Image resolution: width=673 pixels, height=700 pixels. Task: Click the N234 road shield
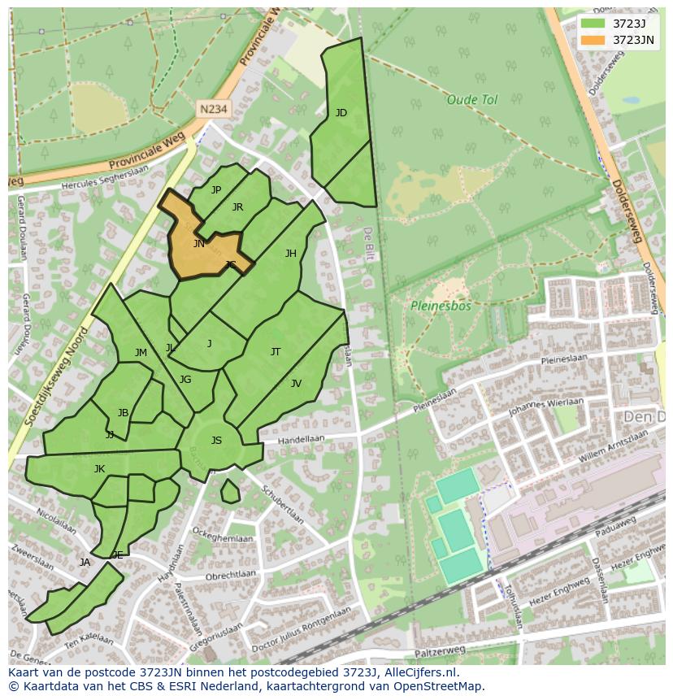pos(212,107)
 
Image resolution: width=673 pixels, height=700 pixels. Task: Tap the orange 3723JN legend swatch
pos(593,40)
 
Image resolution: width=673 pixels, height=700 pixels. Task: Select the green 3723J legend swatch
pos(593,23)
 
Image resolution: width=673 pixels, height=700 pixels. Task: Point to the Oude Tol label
pos(471,100)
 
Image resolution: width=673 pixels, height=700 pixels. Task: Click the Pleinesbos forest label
pos(440,307)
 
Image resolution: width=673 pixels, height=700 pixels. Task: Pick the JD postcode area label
pos(341,113)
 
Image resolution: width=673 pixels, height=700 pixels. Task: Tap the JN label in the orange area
pos(199,243)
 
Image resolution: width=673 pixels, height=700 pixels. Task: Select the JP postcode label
pos(216,190)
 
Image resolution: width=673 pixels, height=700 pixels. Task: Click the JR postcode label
pos(237,207)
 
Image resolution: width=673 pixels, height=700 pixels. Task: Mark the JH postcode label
pos(290,254)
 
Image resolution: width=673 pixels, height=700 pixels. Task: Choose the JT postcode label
pos(276,352)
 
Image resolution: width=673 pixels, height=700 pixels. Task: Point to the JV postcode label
pos(296,384)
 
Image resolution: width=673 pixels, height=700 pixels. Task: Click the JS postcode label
pos(216,441)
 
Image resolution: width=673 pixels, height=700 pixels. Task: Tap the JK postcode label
pos(99,469)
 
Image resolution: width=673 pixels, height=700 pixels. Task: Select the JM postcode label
pos(141,353)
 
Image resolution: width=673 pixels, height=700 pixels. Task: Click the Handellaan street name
pos(301,439)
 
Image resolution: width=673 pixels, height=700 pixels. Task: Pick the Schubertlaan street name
pos(284,506)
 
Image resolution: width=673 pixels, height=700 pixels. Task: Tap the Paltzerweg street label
pos(440,650)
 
